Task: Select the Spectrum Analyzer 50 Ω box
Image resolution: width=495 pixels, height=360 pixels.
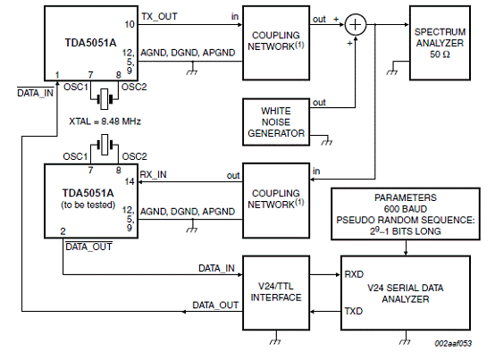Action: click(440, 43)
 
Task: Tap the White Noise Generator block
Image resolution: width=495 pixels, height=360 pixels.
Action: click(276, 122)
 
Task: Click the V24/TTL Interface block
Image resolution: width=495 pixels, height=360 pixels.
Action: click(276, 293)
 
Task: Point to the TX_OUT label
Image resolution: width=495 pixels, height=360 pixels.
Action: click(159, 16)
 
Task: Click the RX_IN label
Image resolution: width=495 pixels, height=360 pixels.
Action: click(153, 174)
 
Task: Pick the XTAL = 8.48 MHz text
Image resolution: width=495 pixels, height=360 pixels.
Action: click(105, 121)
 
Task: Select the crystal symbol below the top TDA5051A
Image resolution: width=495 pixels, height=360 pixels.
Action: click(105, 99)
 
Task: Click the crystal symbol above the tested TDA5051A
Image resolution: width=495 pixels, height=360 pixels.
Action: click(105, 145)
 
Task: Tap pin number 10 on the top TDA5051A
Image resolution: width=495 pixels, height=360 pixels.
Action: click(130, 24)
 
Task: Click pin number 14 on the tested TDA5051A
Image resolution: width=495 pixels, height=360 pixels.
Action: click(130, 181)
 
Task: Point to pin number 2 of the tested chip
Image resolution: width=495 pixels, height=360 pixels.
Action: click(63, 231)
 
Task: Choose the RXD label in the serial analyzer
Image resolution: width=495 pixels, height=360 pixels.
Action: click(354, 274)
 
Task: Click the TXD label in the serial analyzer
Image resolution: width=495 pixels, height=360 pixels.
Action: click(354, 312)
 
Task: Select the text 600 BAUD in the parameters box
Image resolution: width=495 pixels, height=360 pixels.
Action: click(406, 209)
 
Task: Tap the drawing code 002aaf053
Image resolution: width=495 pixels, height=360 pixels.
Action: click(453, 344)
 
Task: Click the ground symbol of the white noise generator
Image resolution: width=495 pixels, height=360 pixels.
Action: click(327, 141)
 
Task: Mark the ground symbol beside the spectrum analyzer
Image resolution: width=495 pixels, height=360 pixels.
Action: click(391, 71)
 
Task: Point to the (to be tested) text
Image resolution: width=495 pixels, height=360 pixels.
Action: click(88, 205)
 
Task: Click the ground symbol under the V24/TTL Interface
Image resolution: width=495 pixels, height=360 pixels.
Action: click(275, 340)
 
